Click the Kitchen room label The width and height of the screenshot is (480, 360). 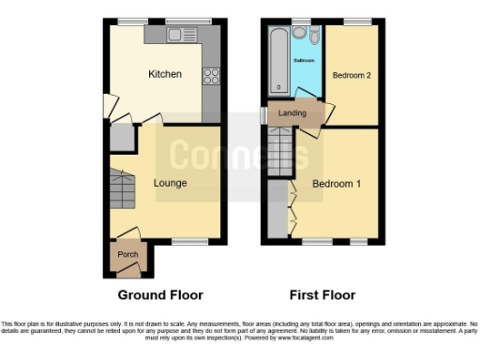(164, 74)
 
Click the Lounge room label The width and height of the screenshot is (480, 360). (170, 183)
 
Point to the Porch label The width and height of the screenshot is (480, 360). (126, 253)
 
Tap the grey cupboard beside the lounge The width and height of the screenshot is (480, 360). (121, 139)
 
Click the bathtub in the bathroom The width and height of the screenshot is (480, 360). (277, 61)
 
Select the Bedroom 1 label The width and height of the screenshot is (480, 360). (337, 183)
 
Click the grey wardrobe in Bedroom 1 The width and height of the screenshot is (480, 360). (277, 209)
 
